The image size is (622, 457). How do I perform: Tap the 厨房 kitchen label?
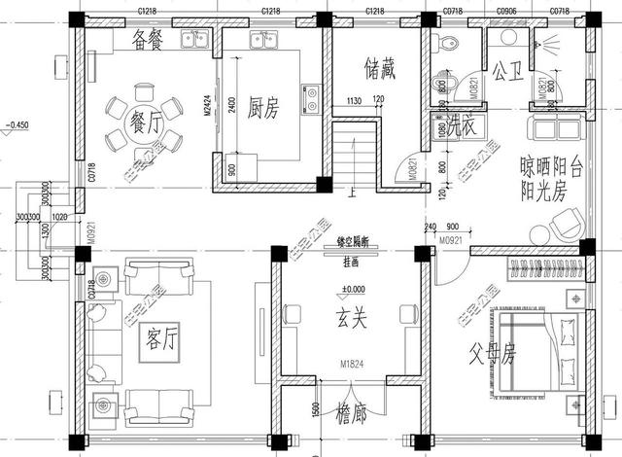(263, 109)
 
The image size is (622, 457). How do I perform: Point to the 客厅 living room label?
(155, 339)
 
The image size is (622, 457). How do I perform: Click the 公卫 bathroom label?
(507, 72)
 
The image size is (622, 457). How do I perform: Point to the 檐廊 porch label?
(347, 415)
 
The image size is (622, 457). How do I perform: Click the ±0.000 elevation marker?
(353, 290)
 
